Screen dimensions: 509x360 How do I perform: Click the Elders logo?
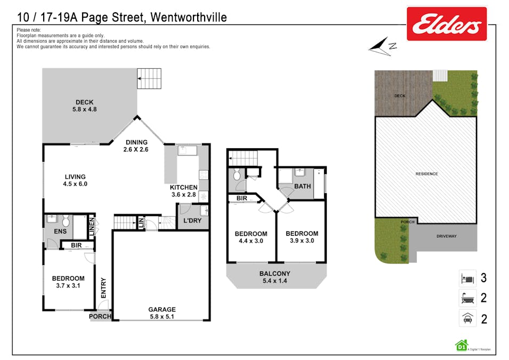447,23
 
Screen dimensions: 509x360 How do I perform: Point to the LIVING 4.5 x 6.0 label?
75,180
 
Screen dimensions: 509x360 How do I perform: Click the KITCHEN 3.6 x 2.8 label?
183,191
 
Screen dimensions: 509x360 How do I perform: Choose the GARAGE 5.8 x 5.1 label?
161,313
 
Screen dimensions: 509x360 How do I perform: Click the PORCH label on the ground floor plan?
100,316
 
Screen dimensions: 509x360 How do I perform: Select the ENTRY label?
103,289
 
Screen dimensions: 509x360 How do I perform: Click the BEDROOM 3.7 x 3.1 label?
68,282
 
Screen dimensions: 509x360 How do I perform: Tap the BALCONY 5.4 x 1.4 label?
274,277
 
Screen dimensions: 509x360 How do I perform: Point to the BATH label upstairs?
302,186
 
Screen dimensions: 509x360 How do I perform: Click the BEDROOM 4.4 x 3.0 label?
251,237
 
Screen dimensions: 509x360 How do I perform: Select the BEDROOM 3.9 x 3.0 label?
302,237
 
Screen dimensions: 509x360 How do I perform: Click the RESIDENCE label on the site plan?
426,174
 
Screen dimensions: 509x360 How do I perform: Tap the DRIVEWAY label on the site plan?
447,236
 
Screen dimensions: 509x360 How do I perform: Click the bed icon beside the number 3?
467,278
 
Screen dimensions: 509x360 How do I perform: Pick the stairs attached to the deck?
149,78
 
